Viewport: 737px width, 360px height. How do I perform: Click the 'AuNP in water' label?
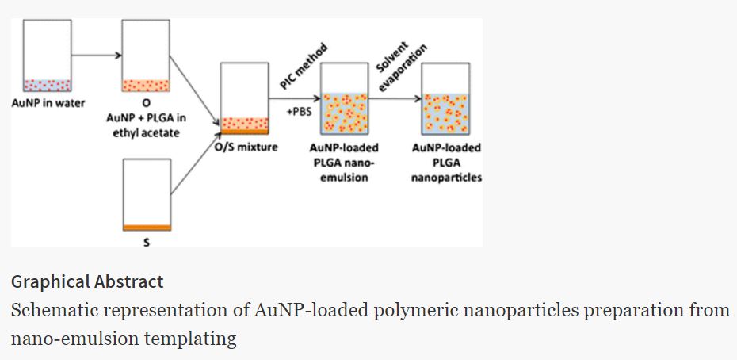point(48,103)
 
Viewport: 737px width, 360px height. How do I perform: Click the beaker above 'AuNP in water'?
point(48,56)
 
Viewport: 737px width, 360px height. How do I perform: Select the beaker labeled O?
point(147,56)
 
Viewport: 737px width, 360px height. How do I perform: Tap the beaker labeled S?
point(147,194)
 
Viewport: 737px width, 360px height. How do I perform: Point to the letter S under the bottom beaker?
point(146,243)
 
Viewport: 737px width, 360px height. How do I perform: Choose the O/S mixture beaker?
point(245,98)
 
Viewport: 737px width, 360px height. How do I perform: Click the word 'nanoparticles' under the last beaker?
point(446,178)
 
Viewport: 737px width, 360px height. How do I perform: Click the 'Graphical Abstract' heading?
point(87,281)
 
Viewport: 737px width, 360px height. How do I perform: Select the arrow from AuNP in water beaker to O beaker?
point(97,56)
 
